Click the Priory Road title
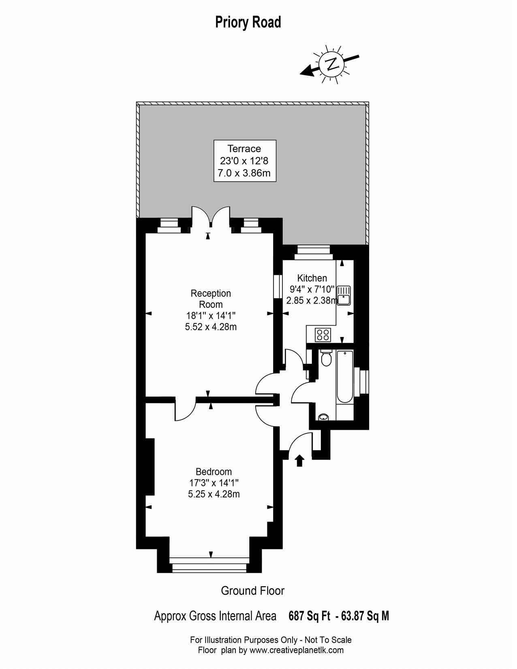pyautogui.click(x=248, y=22)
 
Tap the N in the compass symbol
pyautogui.click(x=331, y=64)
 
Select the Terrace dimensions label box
pyautogui.click(x=245, y=161)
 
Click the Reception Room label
pyautogui.click(x=211, y=299)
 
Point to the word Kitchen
pyautogui.click(x=312, y=278)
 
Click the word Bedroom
pyautogui.click(x=214, y=480)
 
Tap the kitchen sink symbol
pyautogui.click(x=344, y=296)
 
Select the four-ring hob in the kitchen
pyautogui.click(x=323, y=334)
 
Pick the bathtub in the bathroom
pyautogui.click(x=345, y=377)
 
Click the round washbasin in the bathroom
pyautogui.click(x=324, y=417)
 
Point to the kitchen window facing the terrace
pyautogui.click(x=313, y=253)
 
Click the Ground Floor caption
pyautogui.click(x=252, y=591)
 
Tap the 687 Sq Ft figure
pyautogui.click(x=309, y=616)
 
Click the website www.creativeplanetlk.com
pyautogui.click(x=297, y=650)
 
